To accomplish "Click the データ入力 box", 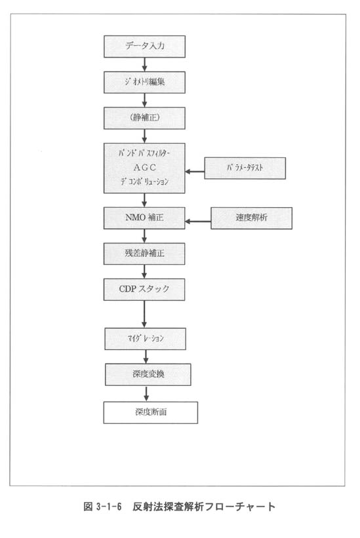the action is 144,47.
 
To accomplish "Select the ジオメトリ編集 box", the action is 144,83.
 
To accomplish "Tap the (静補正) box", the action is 144,118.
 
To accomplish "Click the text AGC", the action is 144,168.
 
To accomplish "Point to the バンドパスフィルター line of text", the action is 144,153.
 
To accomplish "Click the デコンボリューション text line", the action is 144,182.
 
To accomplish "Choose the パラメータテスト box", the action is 245,168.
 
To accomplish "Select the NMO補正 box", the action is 144,218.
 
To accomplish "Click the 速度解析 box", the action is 252,218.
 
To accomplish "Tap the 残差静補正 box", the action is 144,254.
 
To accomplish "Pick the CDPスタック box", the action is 144,290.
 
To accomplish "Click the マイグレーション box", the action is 145,339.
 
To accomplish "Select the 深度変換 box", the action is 148,374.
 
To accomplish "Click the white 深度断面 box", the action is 151,412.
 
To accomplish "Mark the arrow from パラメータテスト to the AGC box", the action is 195,171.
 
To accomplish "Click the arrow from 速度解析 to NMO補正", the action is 198,221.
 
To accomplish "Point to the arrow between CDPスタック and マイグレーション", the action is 144,315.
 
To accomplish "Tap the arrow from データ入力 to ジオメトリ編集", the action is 144,64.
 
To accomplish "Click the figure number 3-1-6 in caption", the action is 109,507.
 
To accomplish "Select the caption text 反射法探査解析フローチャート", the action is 204,507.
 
